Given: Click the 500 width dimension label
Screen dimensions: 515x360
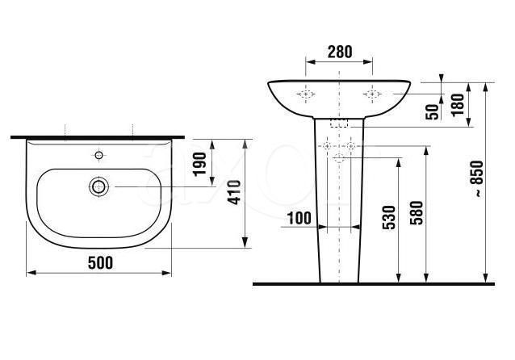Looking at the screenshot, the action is (x=100, y=263).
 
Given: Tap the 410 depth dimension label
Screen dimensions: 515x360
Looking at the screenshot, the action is (x=235, y=192).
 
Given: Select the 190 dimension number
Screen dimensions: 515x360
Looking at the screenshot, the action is (x=199, y=164).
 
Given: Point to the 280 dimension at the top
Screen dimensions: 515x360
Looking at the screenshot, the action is (x=340, y=52).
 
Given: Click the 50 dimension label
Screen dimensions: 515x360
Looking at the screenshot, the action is (x=432, y=111).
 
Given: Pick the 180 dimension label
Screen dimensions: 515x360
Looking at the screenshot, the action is (x=458, y=104).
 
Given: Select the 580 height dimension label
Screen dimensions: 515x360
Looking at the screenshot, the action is (x=417, y=212).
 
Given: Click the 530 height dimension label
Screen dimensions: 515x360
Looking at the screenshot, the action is (x=389, y=217).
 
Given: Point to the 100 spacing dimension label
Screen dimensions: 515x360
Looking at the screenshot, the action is (x=299, y=218).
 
